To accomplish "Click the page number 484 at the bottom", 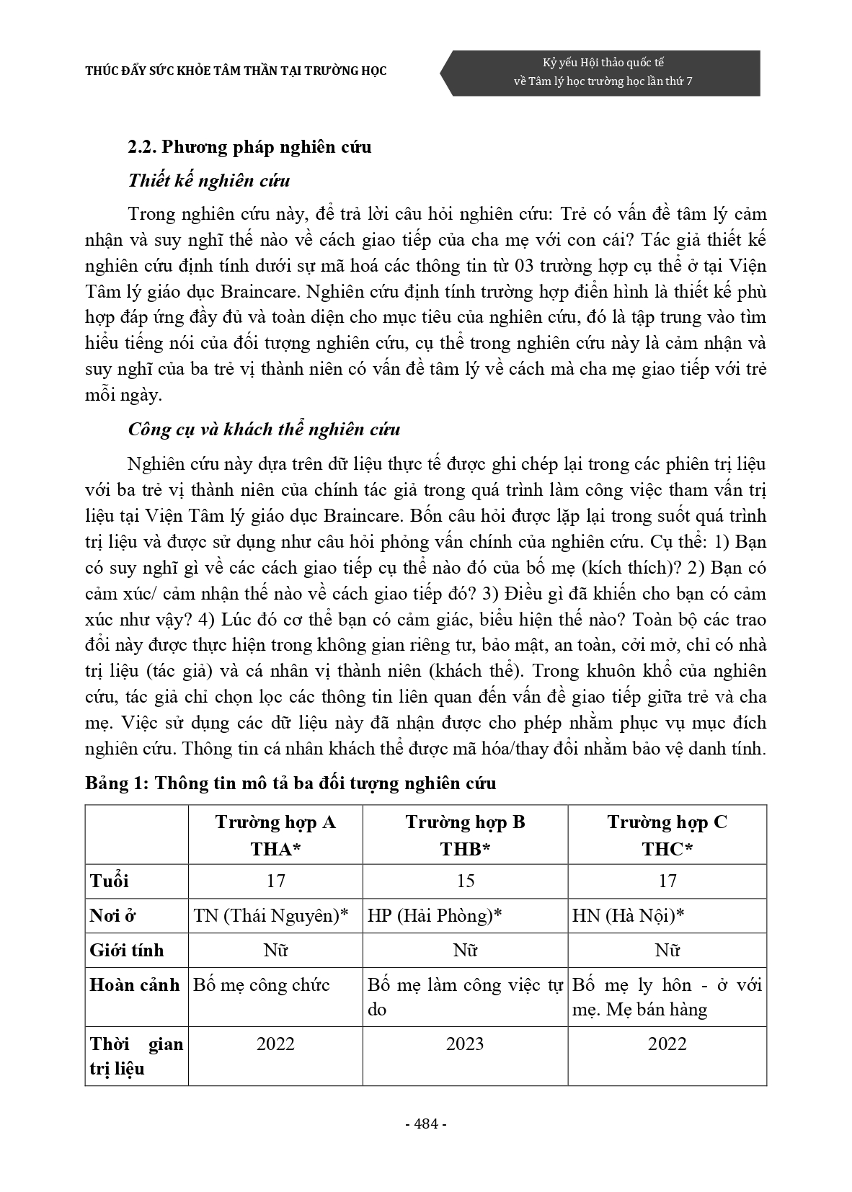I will [426, 1124].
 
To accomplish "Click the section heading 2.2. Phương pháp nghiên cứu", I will [249, 147].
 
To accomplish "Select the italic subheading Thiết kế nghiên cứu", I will [209, 180].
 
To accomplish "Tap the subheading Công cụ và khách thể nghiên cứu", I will [264, 430].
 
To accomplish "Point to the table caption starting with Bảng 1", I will [290, 783].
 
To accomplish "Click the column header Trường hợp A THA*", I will [275, 835].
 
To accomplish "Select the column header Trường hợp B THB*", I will [465, 835].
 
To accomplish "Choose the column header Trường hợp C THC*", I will [667, 835].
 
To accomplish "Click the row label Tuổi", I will [110, 881].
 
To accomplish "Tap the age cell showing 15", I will [465, 881].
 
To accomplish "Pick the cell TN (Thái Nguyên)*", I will [271, 915].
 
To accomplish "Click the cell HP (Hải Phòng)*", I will [435, 915].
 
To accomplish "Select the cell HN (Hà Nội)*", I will [628, 915].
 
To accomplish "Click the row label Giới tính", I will [127, 950].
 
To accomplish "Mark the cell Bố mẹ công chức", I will [262, 984].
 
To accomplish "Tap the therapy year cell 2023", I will [465, 1044].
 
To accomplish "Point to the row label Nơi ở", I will [113, 915].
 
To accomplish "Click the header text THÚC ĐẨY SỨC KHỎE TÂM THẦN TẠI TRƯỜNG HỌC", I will [236, 71].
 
